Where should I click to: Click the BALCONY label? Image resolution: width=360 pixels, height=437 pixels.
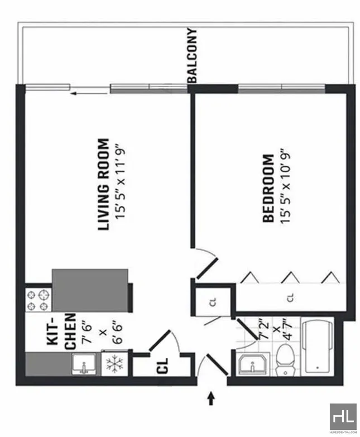193,56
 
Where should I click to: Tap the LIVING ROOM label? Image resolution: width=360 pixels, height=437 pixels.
104,185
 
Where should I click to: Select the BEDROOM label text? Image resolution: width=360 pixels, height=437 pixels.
268,188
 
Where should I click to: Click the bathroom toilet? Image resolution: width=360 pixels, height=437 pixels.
286,360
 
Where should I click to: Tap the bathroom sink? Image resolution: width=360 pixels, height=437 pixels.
252,365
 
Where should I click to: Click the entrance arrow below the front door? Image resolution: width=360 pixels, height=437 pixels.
212,398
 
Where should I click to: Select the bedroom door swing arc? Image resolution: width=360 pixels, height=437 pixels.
208,262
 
